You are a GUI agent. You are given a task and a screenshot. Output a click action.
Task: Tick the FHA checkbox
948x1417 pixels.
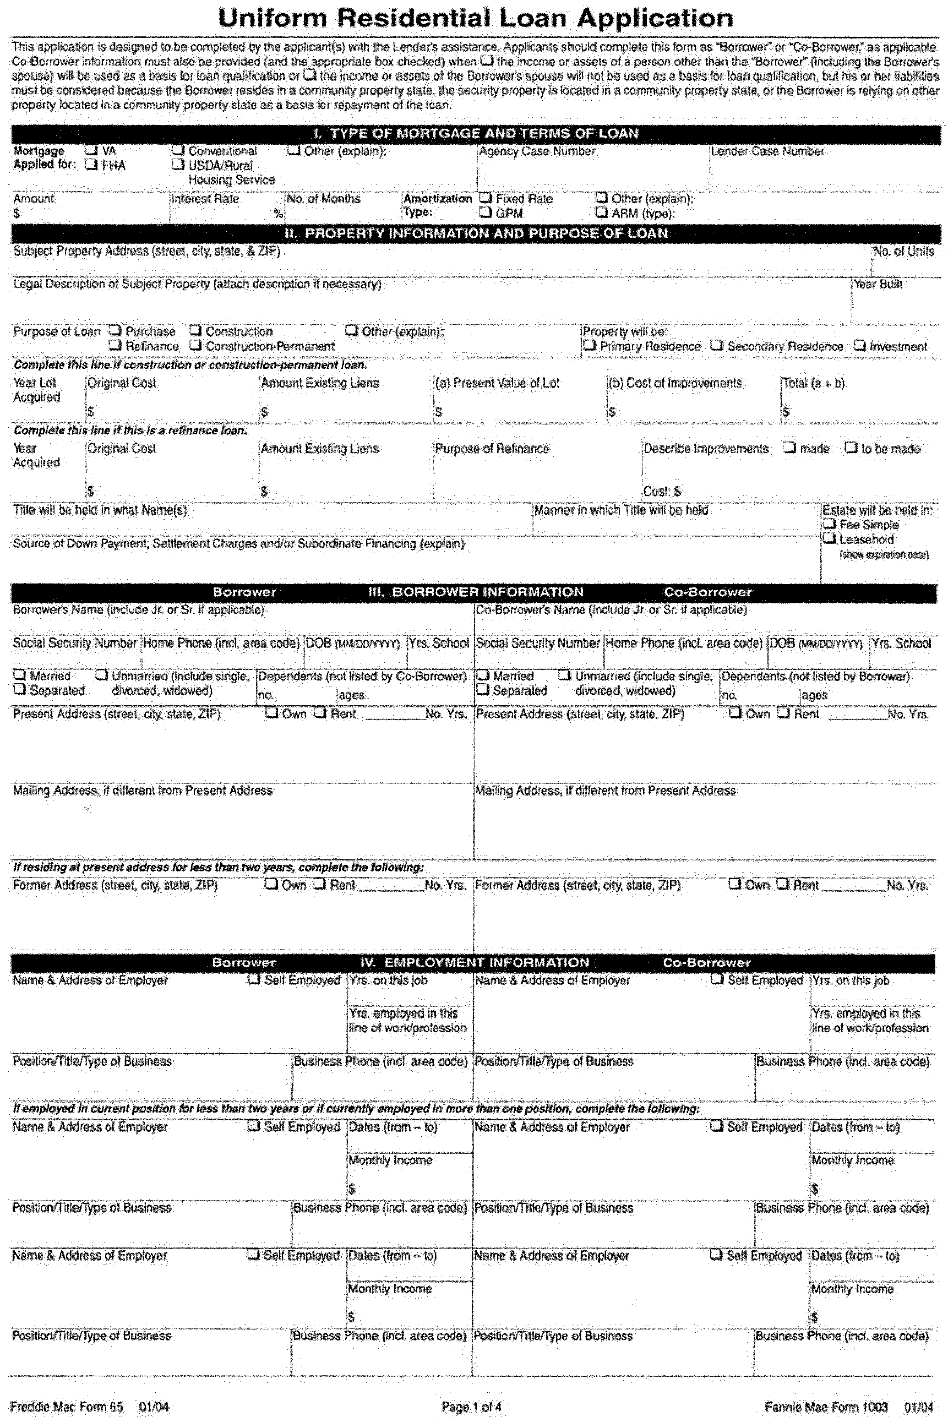[91, 165]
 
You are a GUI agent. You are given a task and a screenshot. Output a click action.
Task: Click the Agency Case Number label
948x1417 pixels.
[537, 151]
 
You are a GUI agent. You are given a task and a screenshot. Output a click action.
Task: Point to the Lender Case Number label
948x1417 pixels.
[767, 151]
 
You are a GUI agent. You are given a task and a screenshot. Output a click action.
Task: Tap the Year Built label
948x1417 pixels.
[877, 284]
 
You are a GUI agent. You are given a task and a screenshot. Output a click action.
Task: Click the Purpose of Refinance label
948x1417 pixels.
[492, 449]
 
